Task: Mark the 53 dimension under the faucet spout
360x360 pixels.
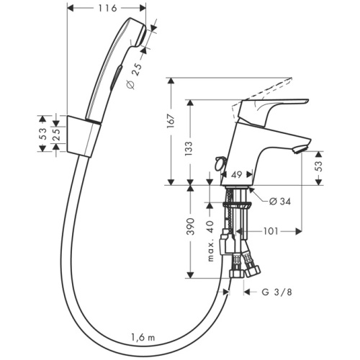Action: pos(320,168)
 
